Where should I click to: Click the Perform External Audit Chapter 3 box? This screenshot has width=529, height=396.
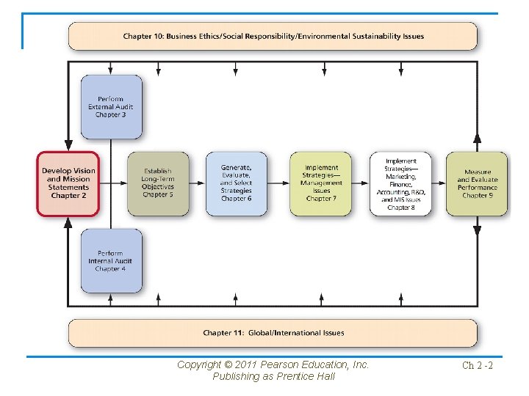111,107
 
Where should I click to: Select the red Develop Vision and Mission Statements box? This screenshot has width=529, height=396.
68,183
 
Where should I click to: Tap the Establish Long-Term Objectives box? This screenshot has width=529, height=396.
158,183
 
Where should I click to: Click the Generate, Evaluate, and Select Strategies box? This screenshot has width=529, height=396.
236,183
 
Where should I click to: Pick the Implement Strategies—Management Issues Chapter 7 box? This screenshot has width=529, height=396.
320,183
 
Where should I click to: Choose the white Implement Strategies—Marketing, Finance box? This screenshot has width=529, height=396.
400,183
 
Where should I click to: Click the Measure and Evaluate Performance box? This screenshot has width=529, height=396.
477,183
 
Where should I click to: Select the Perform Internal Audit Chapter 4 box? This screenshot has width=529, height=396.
111,261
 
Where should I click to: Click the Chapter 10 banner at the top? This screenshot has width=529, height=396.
273,36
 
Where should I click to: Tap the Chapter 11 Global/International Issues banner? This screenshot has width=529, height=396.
273,333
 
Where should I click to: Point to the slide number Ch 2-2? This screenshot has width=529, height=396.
477,365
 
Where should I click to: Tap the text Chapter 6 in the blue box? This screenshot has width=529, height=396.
236,199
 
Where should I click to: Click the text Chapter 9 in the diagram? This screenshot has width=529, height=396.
478,195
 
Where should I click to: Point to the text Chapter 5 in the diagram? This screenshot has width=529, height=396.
158,195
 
